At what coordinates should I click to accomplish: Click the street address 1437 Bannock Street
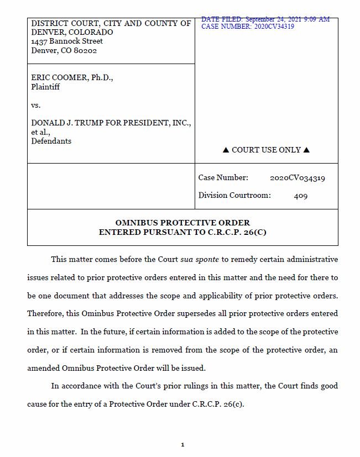tap(67, 41)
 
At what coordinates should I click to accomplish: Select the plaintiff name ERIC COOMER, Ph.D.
tap(72, 78)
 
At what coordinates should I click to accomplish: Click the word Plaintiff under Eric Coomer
tap(45, 87)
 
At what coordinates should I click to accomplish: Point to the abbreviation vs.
tap(36, 105)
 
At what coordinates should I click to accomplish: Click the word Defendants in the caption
tap(51, 141)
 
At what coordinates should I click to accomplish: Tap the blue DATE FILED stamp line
tap(265, 19)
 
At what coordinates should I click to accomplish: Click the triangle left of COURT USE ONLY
tap(226, 150)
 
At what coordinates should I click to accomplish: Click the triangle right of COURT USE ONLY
tap(307, 150)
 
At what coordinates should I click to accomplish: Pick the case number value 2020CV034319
tap(298, 178)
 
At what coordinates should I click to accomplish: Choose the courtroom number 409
tap(301, 196)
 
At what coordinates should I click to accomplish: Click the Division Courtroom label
tap(234, 196)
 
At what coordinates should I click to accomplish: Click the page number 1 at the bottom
tap(182, 445)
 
